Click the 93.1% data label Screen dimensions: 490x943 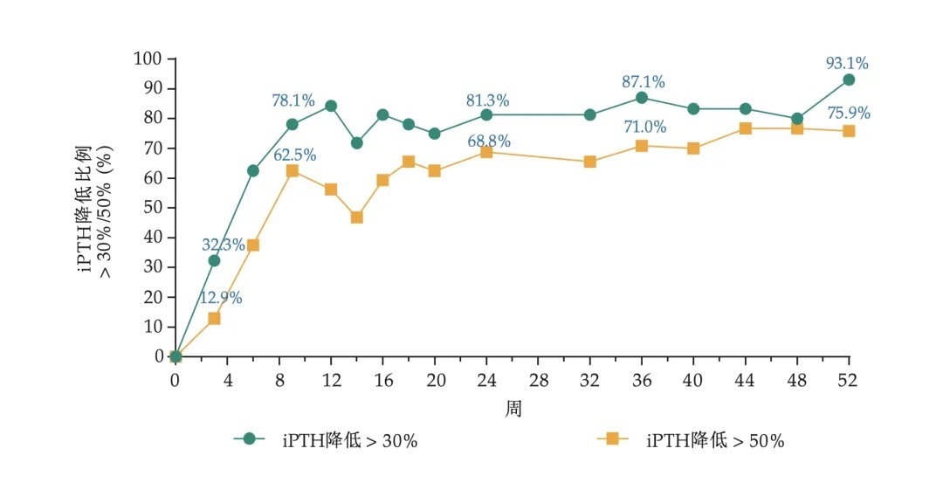pyautogui.click(x=847, y=63)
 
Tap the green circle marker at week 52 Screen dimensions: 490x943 pyautogui.click(x=848, y=79)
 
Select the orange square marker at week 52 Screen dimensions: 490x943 pyautogui.click(x=848, y=131)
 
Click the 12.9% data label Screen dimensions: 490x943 pyautogui.click(x=221, y=298)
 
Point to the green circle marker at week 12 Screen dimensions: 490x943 pyautogui.click(x=331, y=106)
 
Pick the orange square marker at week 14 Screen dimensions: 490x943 pyautogui.click(x=356, y=217)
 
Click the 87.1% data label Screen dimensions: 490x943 pyautogui.click(x=643, y=82)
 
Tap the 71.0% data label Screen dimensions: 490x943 pyautogui.click(x=644, y=128)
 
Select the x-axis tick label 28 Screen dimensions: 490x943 pyautogui.click(x=538, y=381)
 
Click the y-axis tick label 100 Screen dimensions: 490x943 pyautogui.click(x=148, y=59)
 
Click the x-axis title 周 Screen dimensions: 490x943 pyautogui.click(x=513, y=409)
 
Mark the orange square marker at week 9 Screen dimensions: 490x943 pyautogui.click(x=292, y=170)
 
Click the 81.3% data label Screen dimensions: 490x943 pyautogui.click(x=487, y=100)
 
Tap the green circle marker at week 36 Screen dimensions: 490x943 pyautogui.click(x=642, y=97)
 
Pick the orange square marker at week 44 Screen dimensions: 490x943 pyautogui.click(x=745, y=128)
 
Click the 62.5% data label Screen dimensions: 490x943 pyautogui.click(x=295, y=155)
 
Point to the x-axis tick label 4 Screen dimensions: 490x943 pyautogui.click(x=227, y=381)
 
